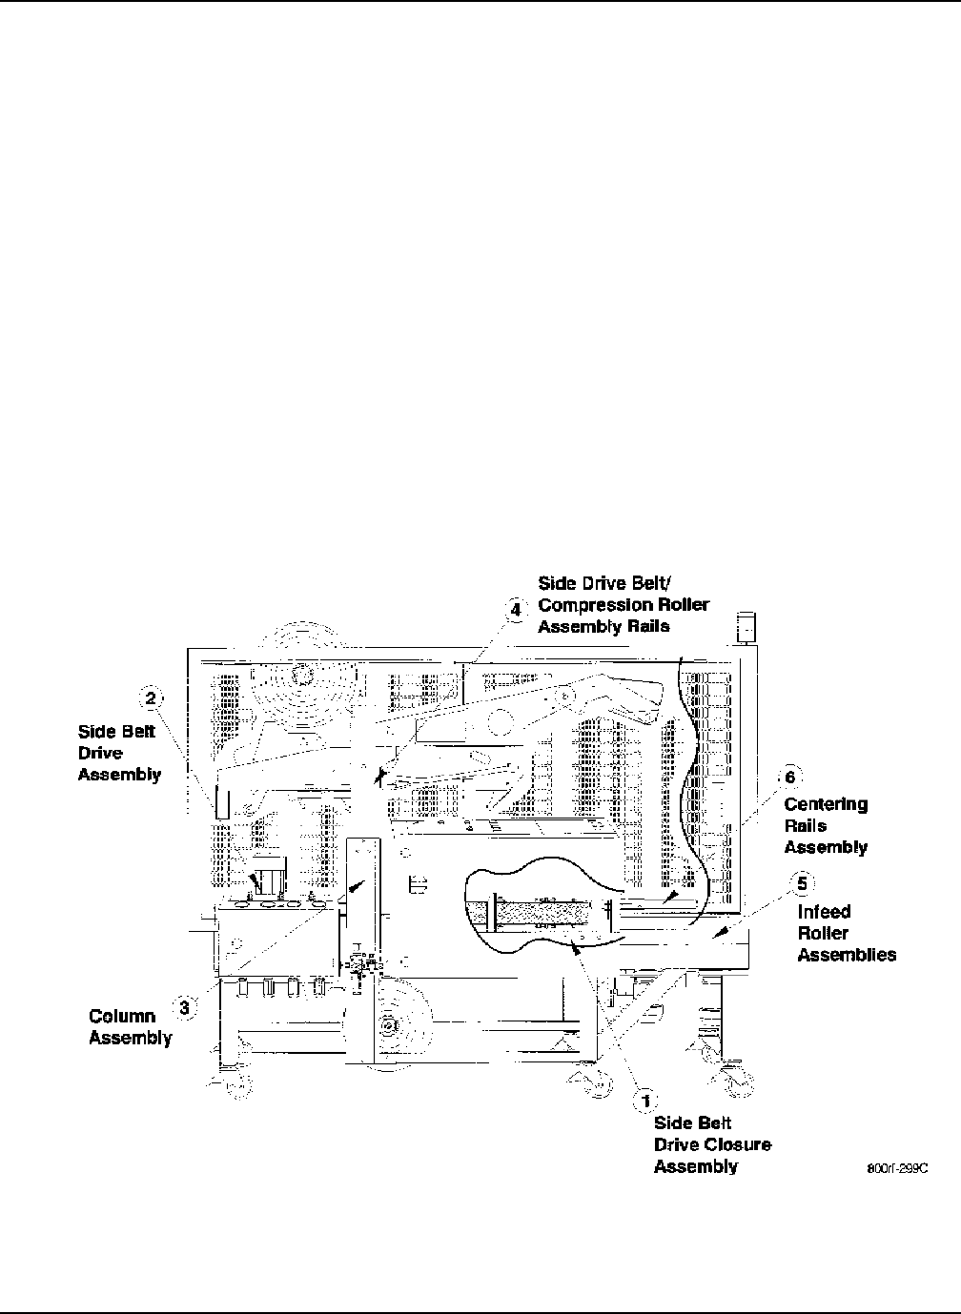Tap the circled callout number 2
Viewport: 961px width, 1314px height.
[x=151, y=699]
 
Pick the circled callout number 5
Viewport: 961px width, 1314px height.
[x=802, y=883]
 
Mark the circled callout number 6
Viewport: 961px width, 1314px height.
[x=789, y=776]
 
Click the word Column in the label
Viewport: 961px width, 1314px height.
[x=122, y=1017]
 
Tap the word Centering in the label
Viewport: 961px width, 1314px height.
[x=826, y=804]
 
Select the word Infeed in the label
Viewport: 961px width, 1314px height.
[x=824, y=912]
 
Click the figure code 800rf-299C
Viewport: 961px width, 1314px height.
[x=897, y=1169]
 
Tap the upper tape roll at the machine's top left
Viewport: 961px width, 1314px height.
[x=301, y=674]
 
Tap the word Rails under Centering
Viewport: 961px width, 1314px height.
[x=805, y=826]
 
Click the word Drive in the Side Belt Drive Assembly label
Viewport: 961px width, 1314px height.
[x=100, y=754]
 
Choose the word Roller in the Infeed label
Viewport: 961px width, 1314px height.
[x=823, y=933]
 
